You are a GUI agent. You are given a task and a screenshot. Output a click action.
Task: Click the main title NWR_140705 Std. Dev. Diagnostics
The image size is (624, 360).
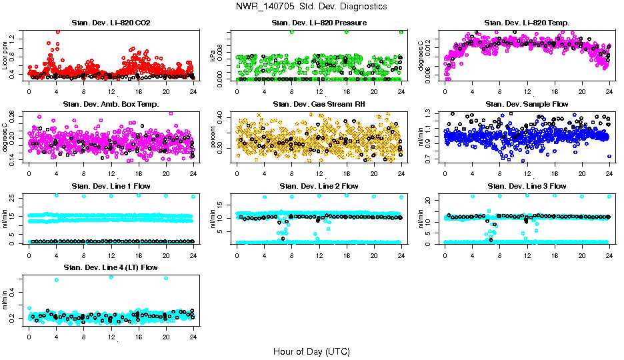point(311,7)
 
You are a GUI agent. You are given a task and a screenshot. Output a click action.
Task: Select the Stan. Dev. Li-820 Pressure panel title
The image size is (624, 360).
point(319,23)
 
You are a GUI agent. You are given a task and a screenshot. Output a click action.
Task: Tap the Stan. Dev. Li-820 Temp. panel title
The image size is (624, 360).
point(527,23)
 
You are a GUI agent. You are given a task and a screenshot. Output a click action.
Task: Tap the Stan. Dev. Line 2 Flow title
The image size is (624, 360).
point(319,186)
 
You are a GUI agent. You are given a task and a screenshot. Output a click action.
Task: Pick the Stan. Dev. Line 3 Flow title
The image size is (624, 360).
point(527,186)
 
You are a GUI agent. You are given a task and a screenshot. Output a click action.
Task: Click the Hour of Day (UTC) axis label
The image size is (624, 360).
point(311,351)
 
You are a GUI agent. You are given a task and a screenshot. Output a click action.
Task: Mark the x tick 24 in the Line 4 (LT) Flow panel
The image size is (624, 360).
point(193,337)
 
